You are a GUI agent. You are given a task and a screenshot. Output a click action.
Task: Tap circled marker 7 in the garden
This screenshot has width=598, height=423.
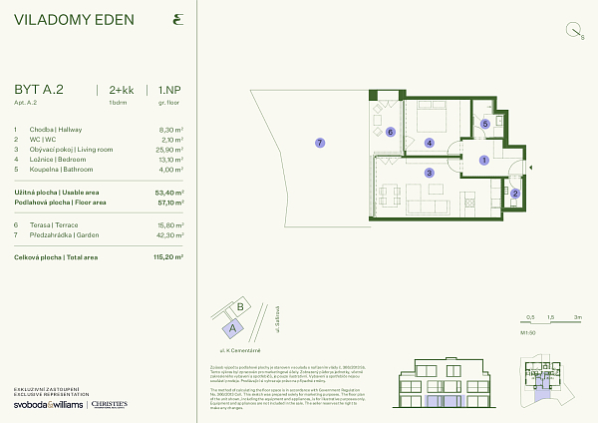(319, 143)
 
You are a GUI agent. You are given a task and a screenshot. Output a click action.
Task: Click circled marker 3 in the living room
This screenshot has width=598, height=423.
(429, 173)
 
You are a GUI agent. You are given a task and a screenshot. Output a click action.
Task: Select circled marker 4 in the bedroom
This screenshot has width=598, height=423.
(429, 143)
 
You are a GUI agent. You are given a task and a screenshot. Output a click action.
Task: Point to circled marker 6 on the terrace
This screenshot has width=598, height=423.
(390, 131)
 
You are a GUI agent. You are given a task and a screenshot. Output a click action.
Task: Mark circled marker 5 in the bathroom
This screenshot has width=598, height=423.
(485, 124)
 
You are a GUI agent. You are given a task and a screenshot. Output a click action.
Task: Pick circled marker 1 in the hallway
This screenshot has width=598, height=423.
(483, 160)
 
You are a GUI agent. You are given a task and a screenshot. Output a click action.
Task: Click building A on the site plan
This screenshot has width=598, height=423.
(233, 324)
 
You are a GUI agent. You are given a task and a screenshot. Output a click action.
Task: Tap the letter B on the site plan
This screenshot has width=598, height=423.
(240, 306)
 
